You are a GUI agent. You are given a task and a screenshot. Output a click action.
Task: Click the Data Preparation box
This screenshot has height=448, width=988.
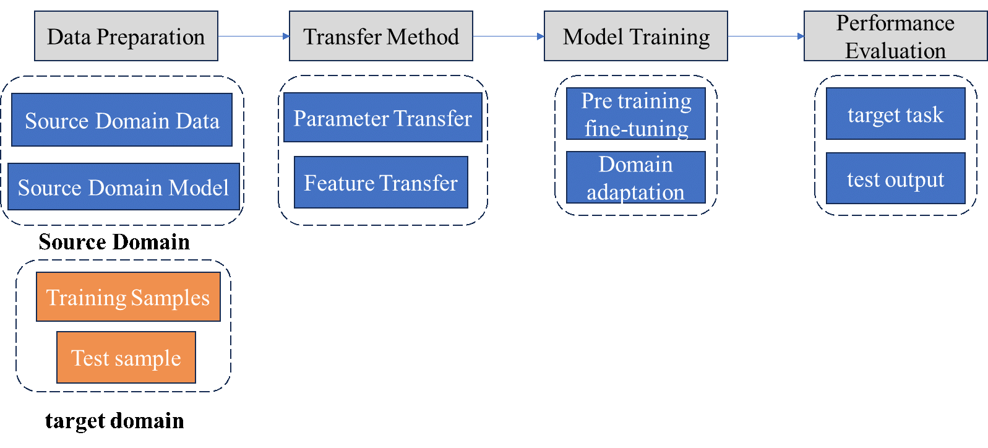pos(126,36)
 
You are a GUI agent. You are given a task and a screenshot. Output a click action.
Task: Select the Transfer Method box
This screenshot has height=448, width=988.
pos(381,36)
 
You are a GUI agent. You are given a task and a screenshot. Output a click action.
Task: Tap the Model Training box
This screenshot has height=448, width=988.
pos(636,36)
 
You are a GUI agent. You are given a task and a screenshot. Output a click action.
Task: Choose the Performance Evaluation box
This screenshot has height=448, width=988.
pos(895,36)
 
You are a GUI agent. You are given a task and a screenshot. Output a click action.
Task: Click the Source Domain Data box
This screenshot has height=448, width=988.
pos(122,119)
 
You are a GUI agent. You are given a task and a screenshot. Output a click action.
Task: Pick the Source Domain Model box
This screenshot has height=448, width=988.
pos(124,186)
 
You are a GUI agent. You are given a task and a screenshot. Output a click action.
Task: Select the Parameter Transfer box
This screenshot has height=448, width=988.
pos(383,118)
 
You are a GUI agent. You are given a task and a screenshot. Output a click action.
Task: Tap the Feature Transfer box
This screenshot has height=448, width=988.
pos(381,182)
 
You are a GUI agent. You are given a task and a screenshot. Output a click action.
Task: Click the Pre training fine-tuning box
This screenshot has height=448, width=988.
pos(636,114)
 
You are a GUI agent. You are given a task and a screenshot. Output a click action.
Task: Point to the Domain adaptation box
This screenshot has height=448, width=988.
pos(636,177)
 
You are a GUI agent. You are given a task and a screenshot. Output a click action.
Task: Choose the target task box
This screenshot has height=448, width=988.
pos(895,114)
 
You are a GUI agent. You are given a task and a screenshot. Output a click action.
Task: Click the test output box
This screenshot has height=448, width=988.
pos(895,178)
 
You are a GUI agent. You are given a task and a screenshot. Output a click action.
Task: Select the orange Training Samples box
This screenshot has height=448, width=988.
pos(128,297)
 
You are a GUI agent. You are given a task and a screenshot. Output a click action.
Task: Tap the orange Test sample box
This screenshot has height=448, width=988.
pos(126,357)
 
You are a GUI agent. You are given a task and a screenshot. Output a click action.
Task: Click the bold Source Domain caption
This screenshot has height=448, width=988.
pos(114,242)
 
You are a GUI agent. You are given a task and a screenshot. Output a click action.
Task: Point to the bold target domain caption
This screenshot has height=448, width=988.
pos(114,420)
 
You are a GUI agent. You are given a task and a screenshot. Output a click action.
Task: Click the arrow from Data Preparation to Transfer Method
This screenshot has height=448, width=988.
pos(254,36)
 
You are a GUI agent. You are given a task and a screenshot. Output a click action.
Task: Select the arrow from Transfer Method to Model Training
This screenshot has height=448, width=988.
pos(509,36)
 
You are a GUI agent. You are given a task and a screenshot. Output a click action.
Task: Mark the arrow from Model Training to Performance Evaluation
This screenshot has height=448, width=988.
pos(766,36)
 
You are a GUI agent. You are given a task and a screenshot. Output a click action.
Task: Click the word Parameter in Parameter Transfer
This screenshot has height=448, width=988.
pos(341,118)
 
